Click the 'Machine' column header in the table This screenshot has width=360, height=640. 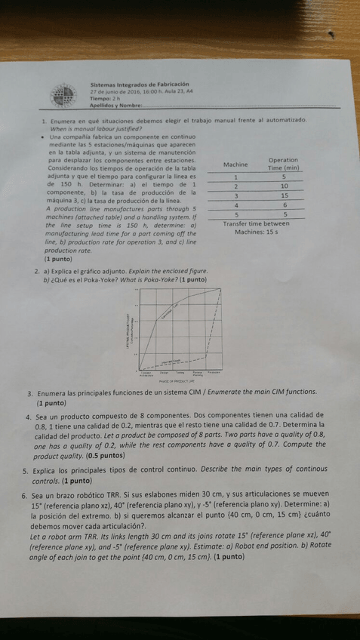pyautogui.click(x=236, y=164)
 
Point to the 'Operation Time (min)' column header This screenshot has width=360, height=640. pyautogui.click(x=282, y=164)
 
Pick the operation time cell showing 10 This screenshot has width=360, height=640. pyautogui.click(x=283, y=186)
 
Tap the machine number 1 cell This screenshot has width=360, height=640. pyautogui.click(x=236, y=177)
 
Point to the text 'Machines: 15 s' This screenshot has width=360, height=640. pyautogui.click(x=257, y=232)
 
